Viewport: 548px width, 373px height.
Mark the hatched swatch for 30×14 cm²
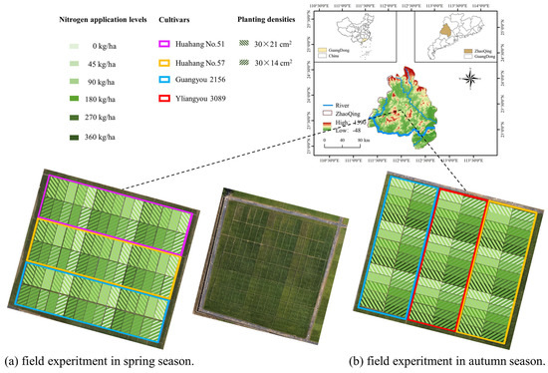(243, 64)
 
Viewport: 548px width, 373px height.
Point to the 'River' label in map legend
(346, 102)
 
